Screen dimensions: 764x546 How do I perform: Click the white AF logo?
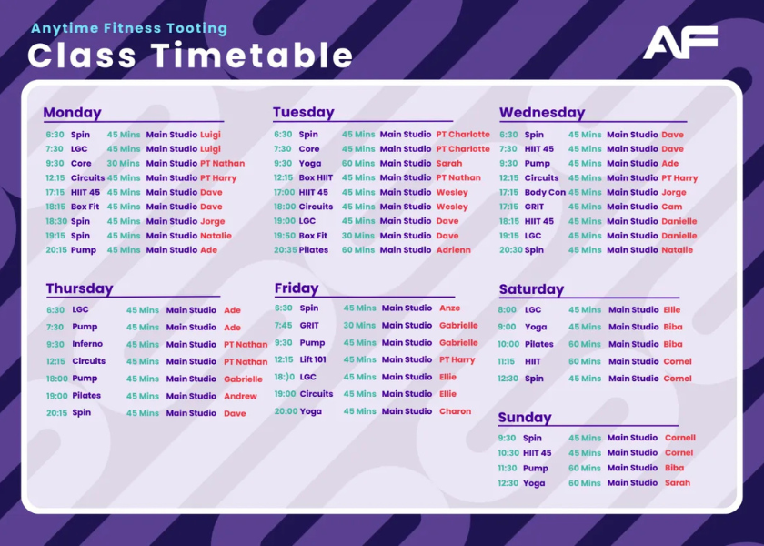pos(680,43)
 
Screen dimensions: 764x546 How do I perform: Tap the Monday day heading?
pos(72,113)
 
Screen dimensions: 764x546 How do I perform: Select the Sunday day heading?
pos(525,418)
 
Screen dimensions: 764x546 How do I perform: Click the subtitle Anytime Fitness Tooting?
pos(129,29)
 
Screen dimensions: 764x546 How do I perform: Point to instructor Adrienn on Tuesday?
pos(454,250)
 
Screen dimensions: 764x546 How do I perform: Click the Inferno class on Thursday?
pos(87,344)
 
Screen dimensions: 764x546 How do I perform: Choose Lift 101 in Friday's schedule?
pos(313,359)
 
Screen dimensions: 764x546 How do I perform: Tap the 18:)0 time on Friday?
pos(285,377)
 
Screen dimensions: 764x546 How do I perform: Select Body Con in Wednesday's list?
pos(545,193)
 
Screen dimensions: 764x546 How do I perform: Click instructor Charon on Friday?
pos(455,411)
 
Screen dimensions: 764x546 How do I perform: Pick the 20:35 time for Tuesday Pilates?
pos(285,250)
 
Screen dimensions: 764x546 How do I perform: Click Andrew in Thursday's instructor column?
pos(240,397)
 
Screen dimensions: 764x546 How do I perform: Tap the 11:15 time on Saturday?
pos(507,362)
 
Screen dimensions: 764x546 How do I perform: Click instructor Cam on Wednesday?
pos(672,207)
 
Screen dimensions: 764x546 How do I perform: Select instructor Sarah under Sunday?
pos(678,483)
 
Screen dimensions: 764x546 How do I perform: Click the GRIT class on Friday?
pos(309,326)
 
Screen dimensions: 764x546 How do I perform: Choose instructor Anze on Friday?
pos(449,308)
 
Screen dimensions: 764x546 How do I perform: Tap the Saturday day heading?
pos(531,289)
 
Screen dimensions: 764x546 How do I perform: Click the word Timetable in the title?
pos(251,56)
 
